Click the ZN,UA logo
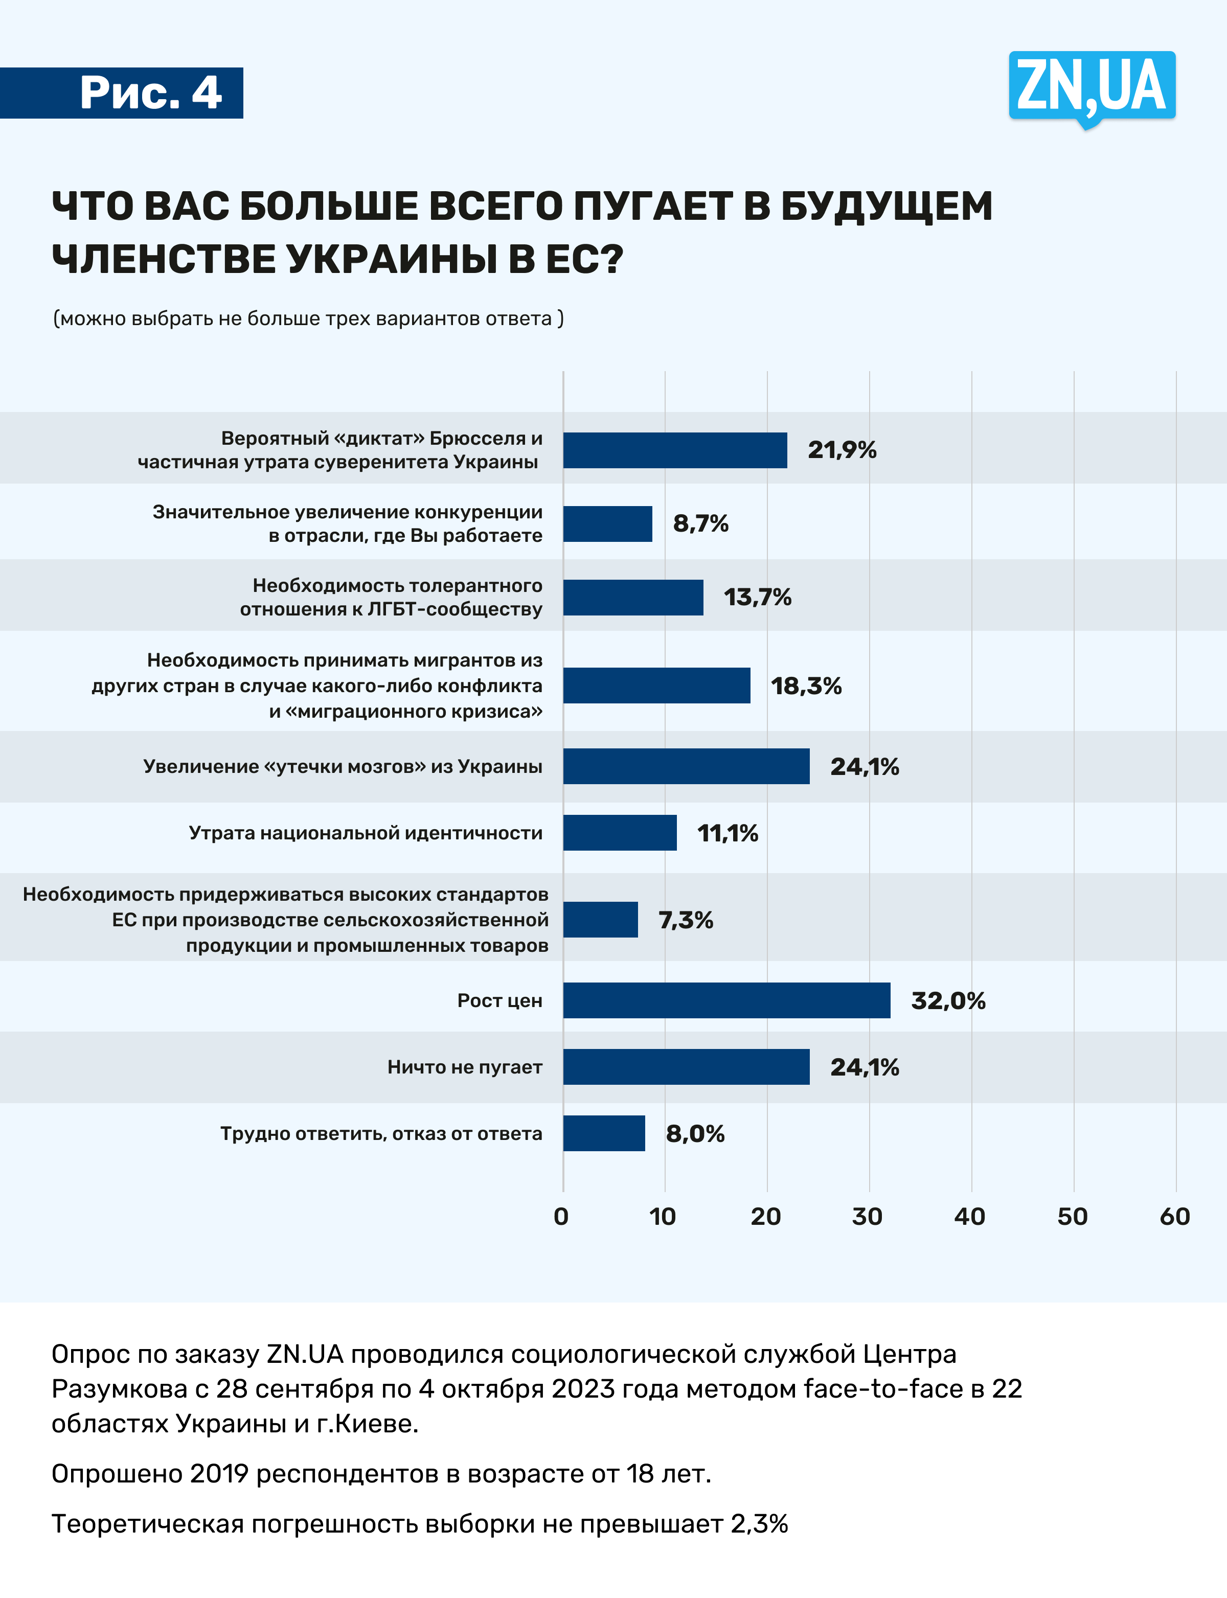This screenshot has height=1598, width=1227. (1092, 87)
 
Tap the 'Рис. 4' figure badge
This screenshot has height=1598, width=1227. (150, 93)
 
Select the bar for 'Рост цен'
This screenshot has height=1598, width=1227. (726, 1000)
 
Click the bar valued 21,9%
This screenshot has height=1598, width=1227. (675, 450)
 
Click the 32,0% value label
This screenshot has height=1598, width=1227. (948, 1000)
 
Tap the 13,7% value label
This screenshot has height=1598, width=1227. (757, 598)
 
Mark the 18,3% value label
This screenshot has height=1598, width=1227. (806, 686)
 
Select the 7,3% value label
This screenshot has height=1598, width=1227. (685, 920)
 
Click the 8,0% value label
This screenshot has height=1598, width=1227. (695, 1133)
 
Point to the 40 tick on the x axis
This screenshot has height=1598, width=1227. (970, 1217)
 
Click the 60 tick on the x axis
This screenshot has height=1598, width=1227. (1174, 1217)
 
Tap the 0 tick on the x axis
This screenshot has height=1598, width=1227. (561, 1217)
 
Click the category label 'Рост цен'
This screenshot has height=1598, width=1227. (499, 1000)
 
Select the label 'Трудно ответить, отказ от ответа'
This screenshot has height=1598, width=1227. (381, 1133)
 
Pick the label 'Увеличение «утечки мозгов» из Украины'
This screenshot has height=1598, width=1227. (343, 766)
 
